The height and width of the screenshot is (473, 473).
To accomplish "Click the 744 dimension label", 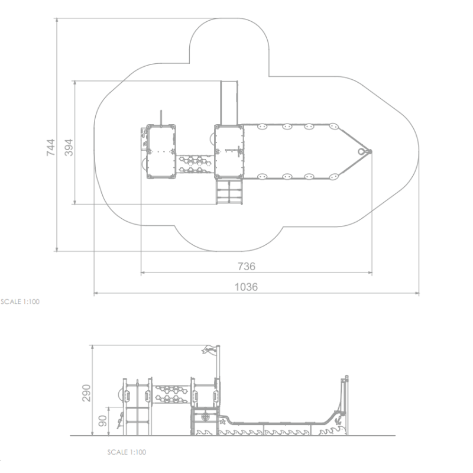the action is pyautogui.click(x=51, y=147).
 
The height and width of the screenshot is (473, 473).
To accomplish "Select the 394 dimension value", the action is pyautogui.click(x=69, y=147).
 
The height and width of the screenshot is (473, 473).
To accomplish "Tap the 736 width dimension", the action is pyautogui.click(x=247, y=267).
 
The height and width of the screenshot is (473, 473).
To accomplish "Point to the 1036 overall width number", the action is pyautogui.click(x=246, y=287).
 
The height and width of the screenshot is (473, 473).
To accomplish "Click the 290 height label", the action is pyautogui.click(x=86, y=393).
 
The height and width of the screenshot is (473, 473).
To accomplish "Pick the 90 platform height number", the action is pyautogui.click(x=103, y=421).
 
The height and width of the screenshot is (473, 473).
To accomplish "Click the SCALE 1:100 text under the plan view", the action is pyautogui.click(x=20, y=302).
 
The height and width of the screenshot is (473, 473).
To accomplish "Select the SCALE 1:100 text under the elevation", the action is pyautogui.click(x=127, y=452).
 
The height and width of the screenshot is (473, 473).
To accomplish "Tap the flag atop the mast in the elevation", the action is pyautogui.click(x=209, y=349).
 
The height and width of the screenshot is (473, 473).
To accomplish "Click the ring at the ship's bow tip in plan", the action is pyautogui.click(x=361, y=151).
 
